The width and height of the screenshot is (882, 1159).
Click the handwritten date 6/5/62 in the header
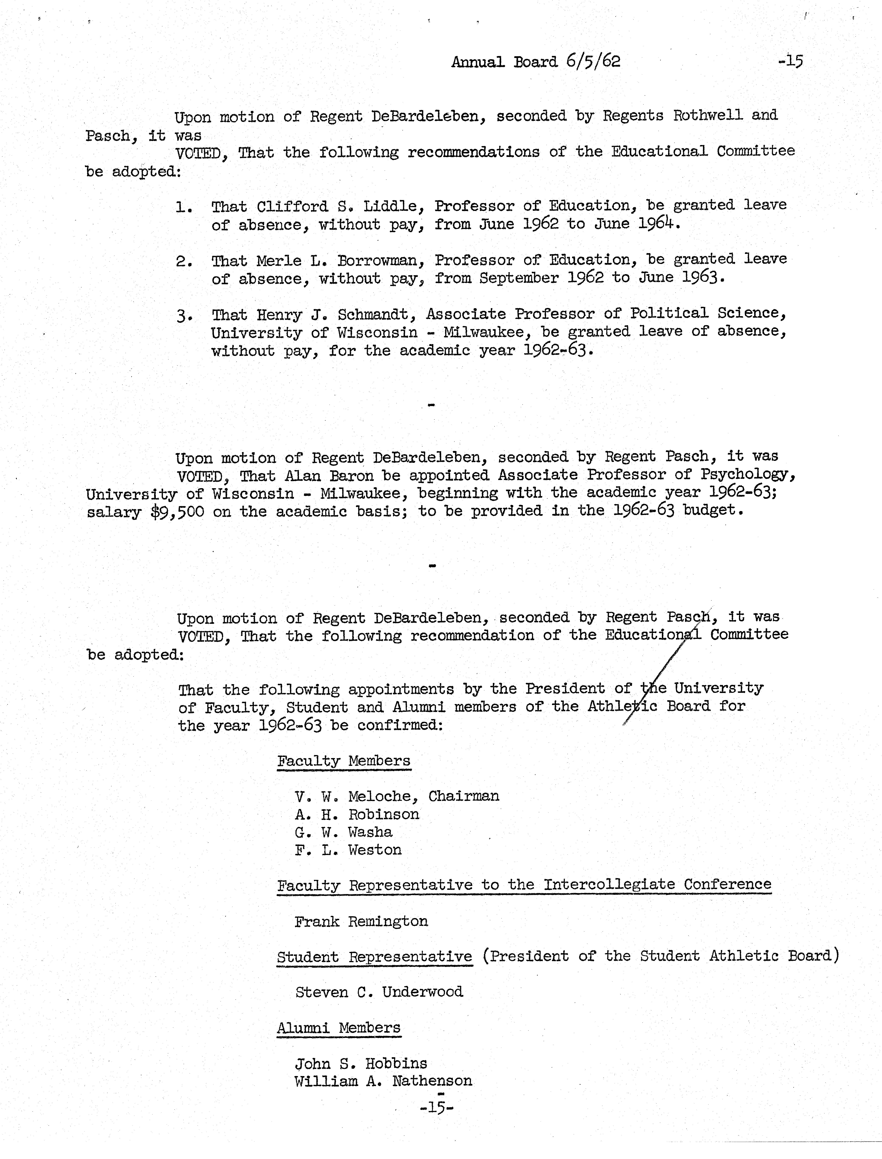pyautogui.click(x=593, y=61)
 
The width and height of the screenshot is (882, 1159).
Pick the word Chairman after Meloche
pyautogui.click(x=464, y=796)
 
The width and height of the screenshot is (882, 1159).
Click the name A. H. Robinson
pyautogui.click(x=357, y=814)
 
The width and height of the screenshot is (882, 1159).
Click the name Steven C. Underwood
pyautogui.click(x=379, y=992)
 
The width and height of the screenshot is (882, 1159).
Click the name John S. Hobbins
pyautogui.click(x=361, y=1063)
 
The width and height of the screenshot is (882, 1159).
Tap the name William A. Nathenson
pyautogui.click(x=383, y=1081)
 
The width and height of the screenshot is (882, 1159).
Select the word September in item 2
pyautogui.click(x=519, y=278)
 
